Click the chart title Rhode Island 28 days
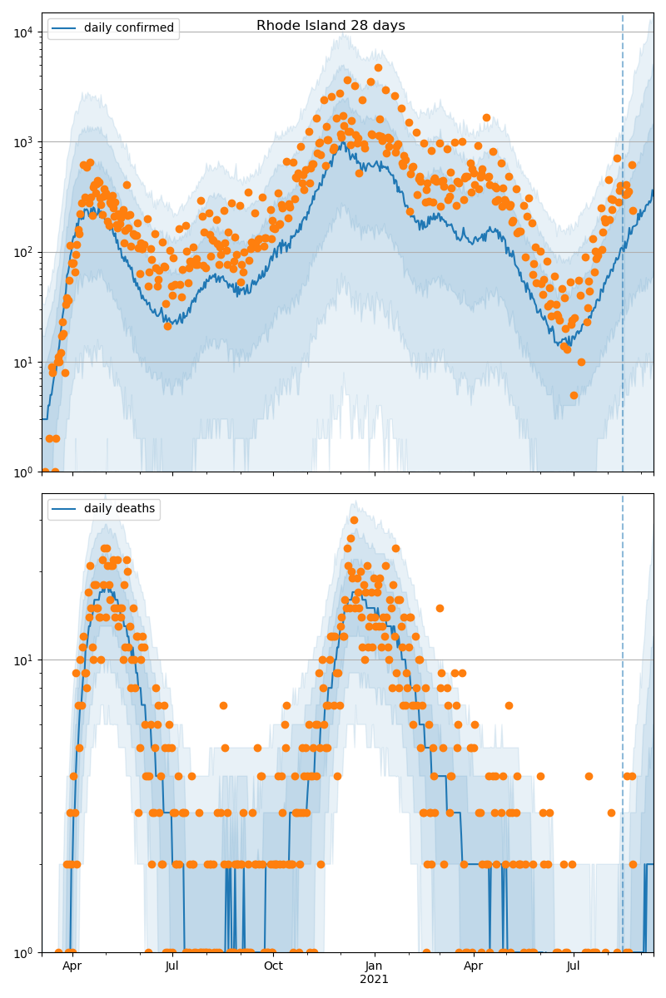click(x=331, y=26)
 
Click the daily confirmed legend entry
click(x=128, y=28)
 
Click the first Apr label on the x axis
click(x=72, y=966)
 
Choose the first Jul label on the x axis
click(x=172, y=966)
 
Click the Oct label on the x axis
click(x=273, y=966)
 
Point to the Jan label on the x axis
click(x=374, y=966)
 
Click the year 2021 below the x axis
click(x=374, y=980)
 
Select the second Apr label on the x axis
click(x=473, y=966)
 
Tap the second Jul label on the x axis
click(x=574, y=966)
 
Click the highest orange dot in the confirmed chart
click(x=378, y=68)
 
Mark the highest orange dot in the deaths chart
click(x=354, y=521)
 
